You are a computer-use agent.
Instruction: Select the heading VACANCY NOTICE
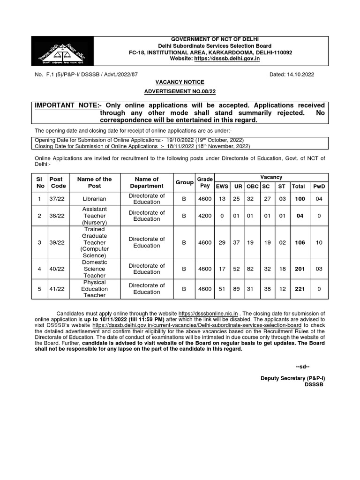(180, 82)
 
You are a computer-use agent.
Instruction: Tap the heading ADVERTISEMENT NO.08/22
(180, 91)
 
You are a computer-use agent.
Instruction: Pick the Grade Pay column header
(204, 182)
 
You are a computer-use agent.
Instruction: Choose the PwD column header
(319, 186)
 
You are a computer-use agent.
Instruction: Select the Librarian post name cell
(95, 199)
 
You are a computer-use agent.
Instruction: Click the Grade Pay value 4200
(204, 216)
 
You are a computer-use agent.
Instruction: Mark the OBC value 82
(252, 269)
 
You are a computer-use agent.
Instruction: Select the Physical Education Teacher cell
(95, 289)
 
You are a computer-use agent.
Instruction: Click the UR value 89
(237, 289)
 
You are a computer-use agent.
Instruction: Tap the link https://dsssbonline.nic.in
(209, 313)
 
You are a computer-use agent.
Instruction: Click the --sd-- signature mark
(302, 366)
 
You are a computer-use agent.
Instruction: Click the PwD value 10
(319, 242)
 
